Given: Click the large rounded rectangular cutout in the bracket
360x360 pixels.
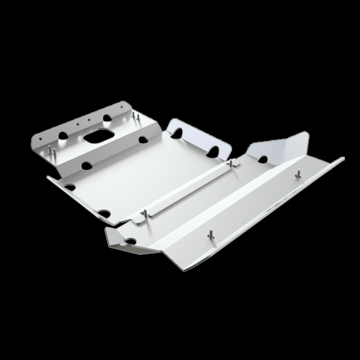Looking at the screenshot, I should (x=99, y=137).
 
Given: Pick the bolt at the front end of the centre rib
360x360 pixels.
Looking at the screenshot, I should (x=146, y=214).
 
